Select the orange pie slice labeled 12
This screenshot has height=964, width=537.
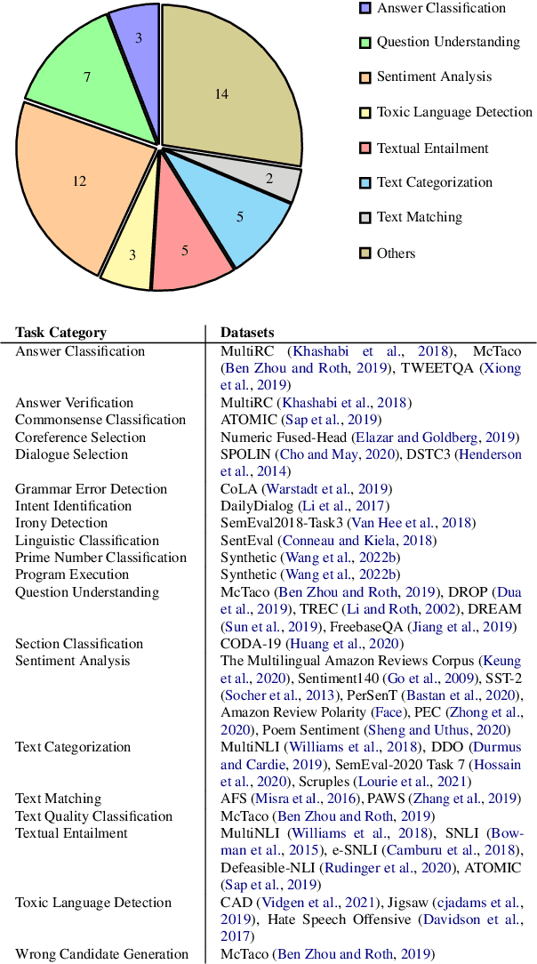pos(76,187)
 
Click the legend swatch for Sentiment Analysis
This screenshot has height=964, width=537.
pos(364,77)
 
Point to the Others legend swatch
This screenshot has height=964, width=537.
pos(364,253)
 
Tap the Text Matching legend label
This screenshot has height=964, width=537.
pos(420,217)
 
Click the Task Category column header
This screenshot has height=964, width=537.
pos(60,333)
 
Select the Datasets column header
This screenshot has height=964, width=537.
pos(247,333)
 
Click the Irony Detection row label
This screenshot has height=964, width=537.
pos(61,523)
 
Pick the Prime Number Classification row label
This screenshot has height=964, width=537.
pos(101,558)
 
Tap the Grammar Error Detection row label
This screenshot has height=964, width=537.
pos(91,488)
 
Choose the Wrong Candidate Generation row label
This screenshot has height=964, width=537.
pos(101,954)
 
